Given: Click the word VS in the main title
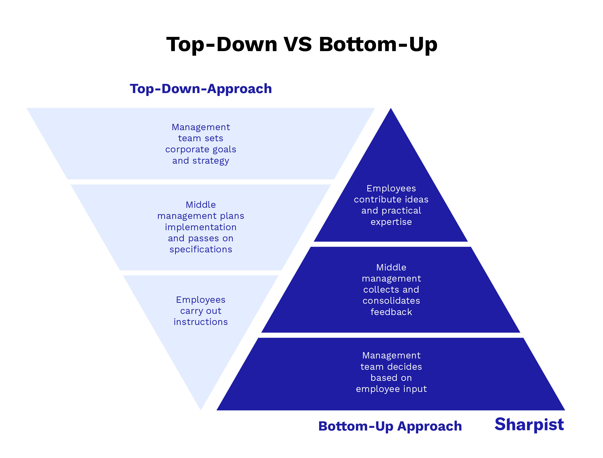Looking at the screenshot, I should pos(298,44).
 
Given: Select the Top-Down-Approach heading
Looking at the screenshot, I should pos(201,89).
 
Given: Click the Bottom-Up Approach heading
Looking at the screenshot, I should pos(390,426).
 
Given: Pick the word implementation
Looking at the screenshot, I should pos(201,227).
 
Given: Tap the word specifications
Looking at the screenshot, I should pos(201,249).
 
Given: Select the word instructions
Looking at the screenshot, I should pos(201,322).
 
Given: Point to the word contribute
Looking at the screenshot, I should pos(378,200).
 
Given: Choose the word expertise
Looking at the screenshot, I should pos(391,222).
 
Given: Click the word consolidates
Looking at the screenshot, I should pos(391,301).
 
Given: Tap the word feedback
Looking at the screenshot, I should pos(391,312).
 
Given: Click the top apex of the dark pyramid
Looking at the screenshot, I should pos(391,109).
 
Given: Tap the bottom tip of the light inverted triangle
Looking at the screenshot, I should pos(201,409).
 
